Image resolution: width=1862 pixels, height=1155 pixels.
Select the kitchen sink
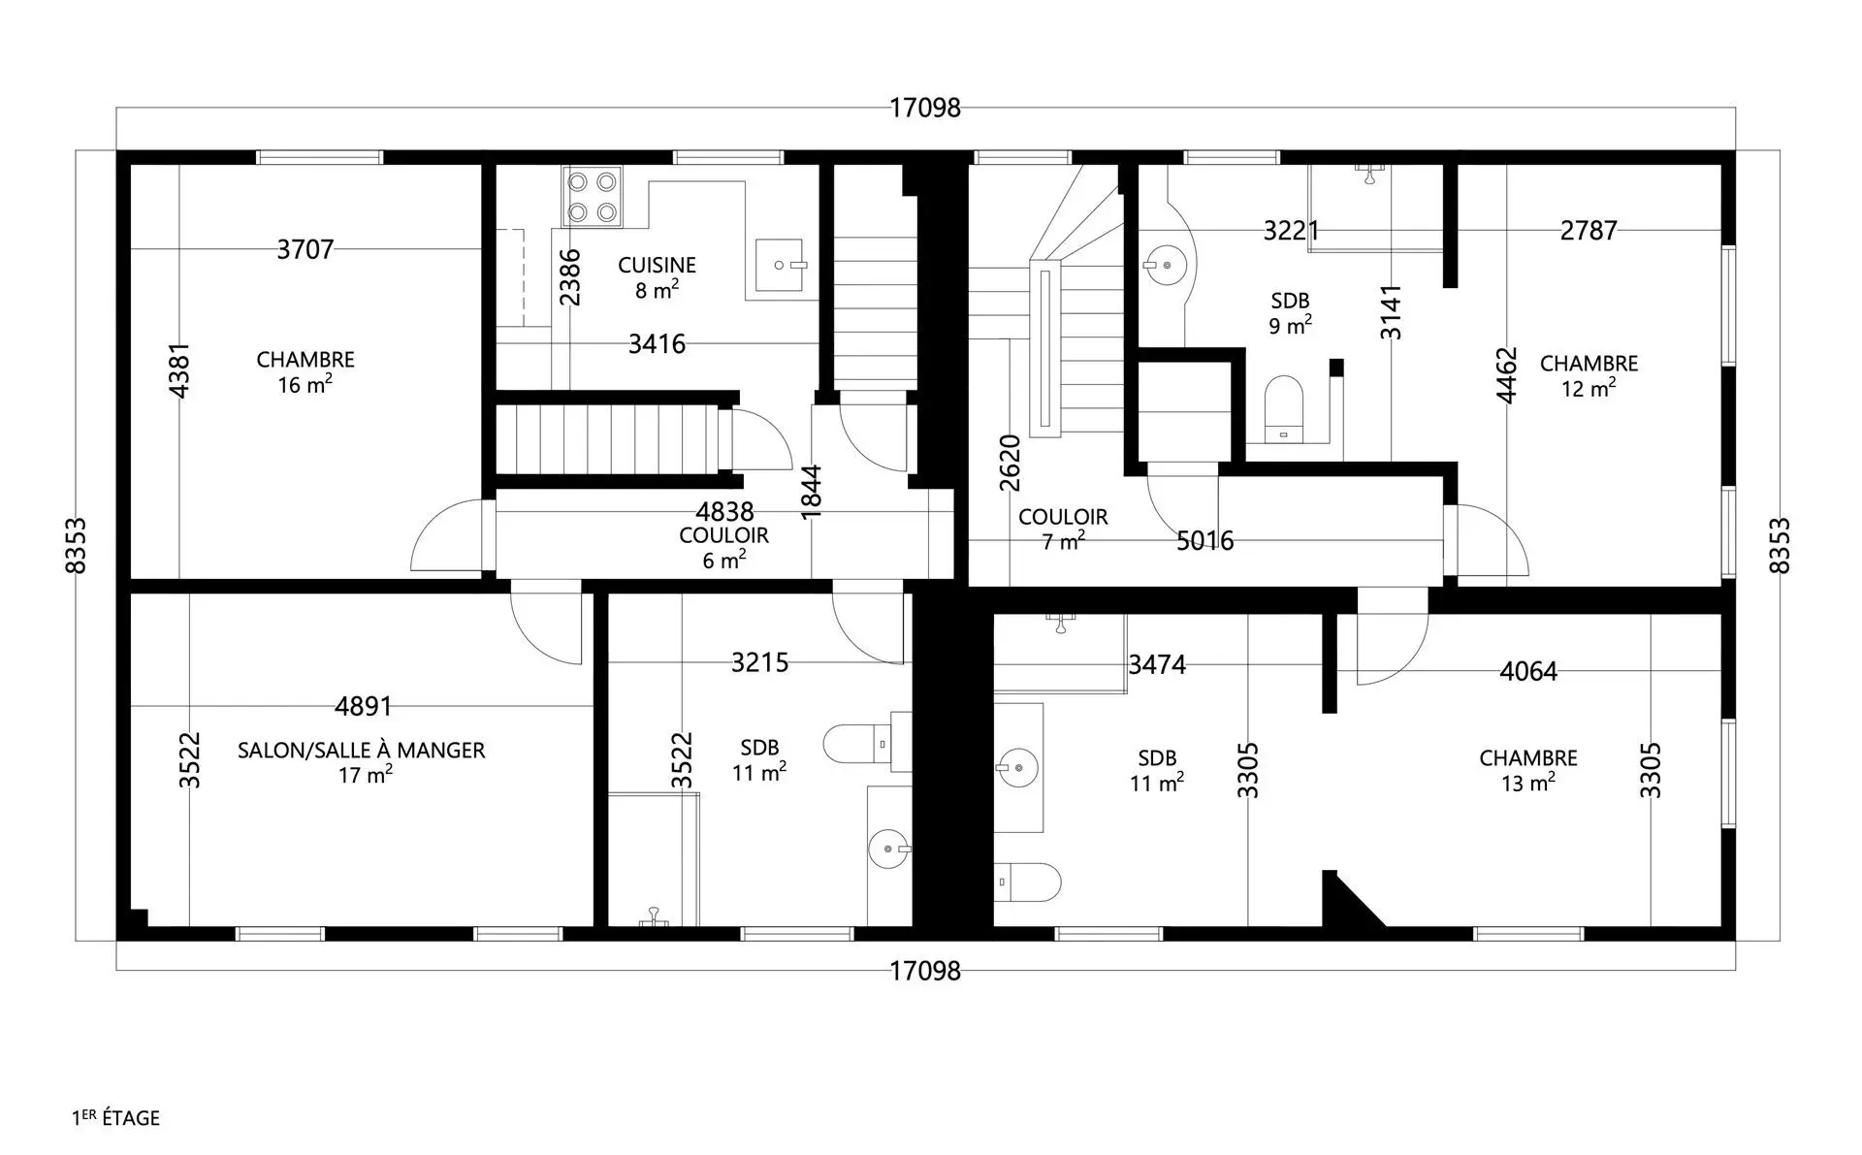point(780,265)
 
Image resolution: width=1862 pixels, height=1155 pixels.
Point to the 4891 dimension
point(364,706)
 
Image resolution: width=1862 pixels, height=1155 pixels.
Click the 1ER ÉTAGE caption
point(115,1117)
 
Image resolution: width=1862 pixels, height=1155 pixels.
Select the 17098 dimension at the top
point(925,108)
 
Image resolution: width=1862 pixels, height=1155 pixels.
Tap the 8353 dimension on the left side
point(76,546)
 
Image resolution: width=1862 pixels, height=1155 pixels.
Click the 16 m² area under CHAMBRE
point(305,384)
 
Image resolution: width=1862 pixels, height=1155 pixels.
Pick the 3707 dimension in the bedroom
point(305,249)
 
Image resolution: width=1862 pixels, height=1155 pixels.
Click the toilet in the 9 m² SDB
point(1284,408)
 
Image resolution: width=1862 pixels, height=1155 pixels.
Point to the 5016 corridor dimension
point(1204,540)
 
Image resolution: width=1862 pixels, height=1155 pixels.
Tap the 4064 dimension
point(1528,671)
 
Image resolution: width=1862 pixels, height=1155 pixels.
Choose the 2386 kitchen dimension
point(570,277)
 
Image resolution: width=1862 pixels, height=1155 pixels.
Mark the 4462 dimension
point(1505,375)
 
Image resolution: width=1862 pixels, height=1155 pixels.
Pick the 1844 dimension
point(812,492)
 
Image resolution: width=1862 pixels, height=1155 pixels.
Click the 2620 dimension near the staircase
point(1010,464)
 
